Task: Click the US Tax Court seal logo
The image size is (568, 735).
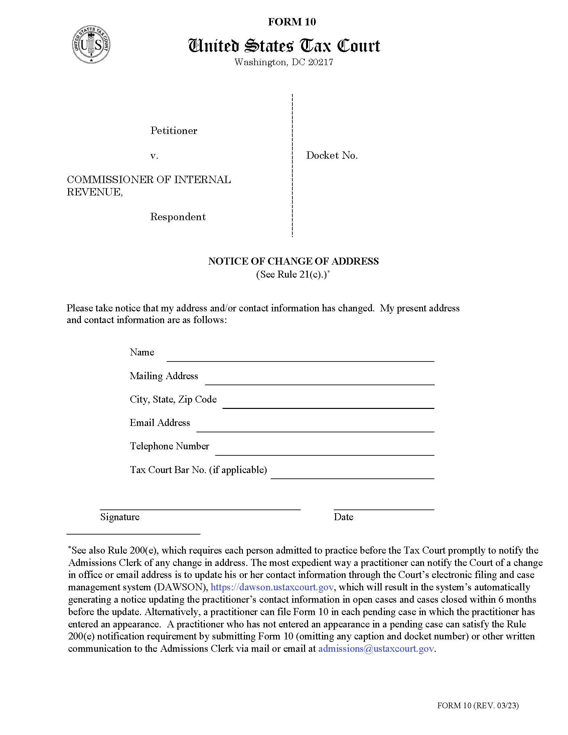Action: click(x=91, y=44)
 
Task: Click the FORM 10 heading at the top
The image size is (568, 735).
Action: click(x=292, y=22)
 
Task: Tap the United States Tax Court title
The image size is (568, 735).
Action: click(x=284, y=46)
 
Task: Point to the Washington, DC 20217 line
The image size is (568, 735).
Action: click(x=284, y=62)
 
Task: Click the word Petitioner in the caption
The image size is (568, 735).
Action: click(x=174, y=131)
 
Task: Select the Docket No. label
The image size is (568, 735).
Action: click(x=331, y=155)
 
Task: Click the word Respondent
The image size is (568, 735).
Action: click(x=178, y=217)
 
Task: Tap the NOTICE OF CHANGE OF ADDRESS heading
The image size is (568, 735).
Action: click(x=293, y=261)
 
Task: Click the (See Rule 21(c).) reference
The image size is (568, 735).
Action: click(x=292, y=274)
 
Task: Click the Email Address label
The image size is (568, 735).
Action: click(x=160, y=423)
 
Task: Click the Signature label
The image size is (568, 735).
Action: click(x=120, y=517)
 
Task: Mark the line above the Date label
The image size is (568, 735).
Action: click(x=384, y=509)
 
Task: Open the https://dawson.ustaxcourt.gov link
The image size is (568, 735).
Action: click(x=272, y=587)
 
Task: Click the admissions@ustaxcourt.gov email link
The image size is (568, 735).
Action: click(x=376, y=648)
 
